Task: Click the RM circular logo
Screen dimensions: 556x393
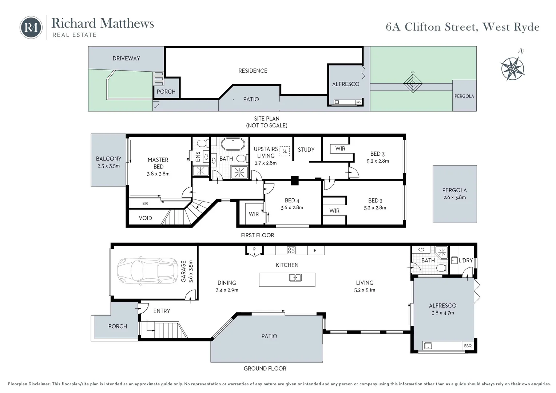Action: click(31, 27)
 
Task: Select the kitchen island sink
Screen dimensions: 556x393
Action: click(295, 277)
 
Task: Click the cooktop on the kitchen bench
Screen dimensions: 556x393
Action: click(291, 250)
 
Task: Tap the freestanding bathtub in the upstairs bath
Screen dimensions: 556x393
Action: click(233, 144)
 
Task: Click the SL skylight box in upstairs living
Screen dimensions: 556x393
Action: click(285, 151)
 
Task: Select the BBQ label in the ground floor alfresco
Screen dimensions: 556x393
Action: click(468, 346)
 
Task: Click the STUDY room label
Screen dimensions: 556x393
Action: click(306, 150)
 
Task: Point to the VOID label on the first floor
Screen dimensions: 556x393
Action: click(145, 218)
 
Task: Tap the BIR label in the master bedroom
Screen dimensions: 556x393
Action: click(145, 203)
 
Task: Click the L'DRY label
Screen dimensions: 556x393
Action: click(466, 261)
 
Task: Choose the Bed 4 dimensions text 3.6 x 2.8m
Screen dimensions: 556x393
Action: click(292, 207)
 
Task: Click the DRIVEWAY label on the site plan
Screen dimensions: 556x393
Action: click(126, 58)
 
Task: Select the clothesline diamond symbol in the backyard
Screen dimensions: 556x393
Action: click(413, 83)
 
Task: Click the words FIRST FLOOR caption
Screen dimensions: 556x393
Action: click(257, 235)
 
